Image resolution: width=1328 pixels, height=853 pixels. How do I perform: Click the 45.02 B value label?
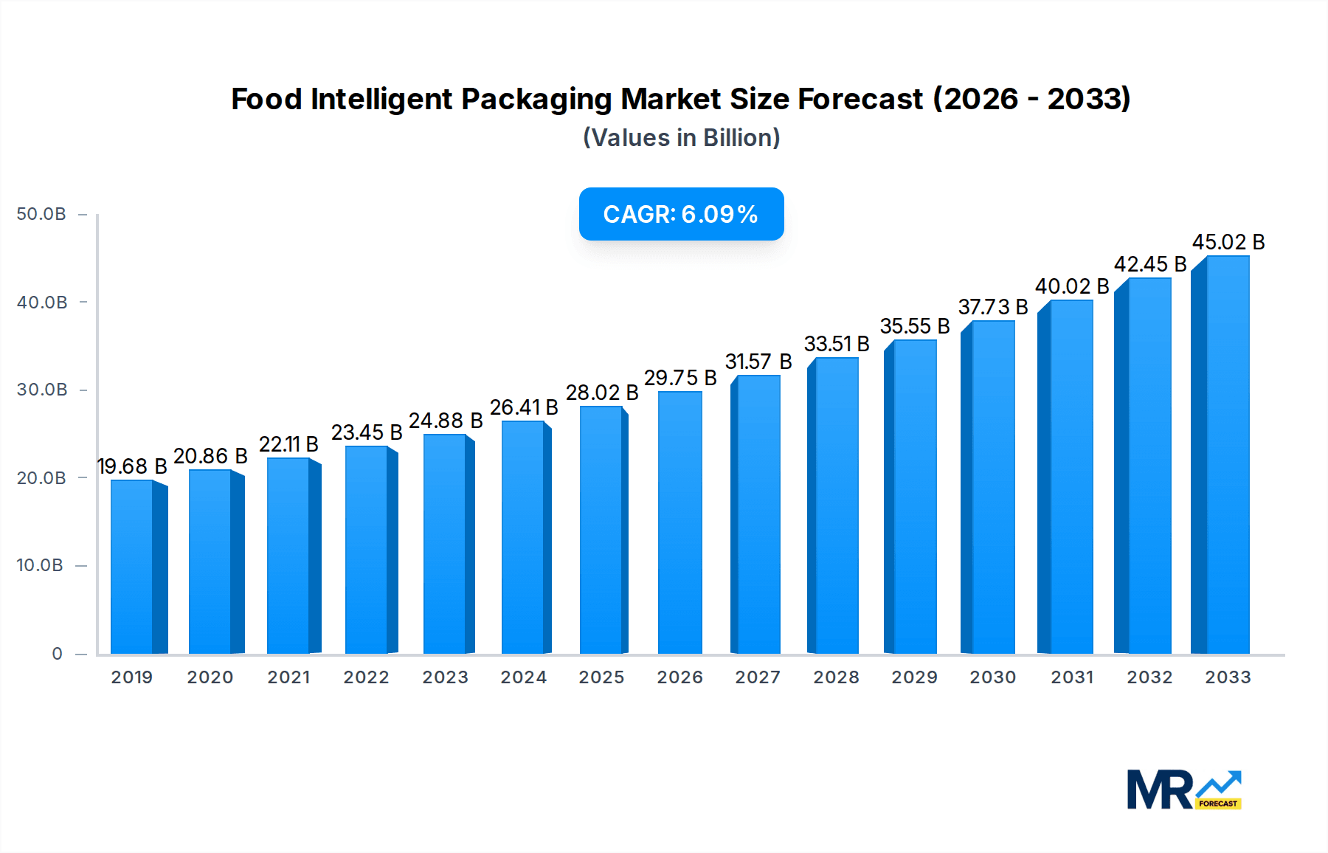1228,242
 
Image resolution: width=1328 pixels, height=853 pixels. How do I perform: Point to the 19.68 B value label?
132,466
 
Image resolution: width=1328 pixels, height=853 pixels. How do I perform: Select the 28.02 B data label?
602,393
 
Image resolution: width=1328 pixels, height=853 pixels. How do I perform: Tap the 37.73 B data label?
993,307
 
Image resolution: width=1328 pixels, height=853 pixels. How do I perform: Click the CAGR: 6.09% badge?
681,214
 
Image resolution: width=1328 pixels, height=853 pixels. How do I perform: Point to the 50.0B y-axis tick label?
41,214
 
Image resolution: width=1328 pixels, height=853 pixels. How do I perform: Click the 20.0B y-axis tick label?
41,478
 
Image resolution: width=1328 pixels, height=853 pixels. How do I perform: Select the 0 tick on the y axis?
57,654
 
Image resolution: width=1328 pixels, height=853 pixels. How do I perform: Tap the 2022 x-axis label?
366,677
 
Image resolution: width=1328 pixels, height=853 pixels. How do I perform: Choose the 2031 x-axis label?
1072,677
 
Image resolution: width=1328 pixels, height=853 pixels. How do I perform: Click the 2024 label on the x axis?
523,677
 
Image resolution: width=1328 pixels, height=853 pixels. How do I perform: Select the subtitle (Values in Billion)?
681,138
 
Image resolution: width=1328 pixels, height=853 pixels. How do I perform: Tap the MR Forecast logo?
1183,790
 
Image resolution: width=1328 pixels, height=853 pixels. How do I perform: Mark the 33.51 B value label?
837,344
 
